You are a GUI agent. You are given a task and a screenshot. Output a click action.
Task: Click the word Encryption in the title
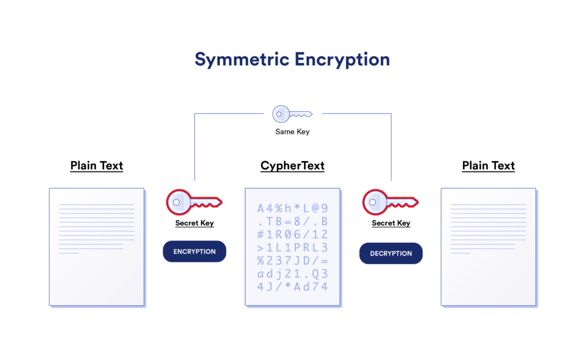(x=342, y=59)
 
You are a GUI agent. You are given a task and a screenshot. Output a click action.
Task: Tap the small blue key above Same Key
(x=292, y=114)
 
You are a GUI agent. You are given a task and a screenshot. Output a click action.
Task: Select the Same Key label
(x=292, y=132)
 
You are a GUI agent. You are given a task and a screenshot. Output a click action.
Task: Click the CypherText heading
(x=292, y=166)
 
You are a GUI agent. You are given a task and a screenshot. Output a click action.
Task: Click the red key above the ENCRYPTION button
(x=194, y=202)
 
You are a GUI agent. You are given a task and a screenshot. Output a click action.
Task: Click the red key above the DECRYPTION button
(x=390, y=202)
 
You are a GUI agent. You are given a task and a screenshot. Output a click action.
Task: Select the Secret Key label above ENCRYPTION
(x=194, y=223)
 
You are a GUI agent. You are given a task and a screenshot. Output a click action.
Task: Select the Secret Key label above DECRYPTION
(x=391, y=223)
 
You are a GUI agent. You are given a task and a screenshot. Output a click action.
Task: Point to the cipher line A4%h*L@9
(x=292, y=208)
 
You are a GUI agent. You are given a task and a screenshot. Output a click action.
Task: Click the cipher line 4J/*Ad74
(x=292, y=287)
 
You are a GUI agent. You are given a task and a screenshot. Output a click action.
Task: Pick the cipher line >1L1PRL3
(x=292, y=247)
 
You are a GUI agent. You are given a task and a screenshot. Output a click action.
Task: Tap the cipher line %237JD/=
(x=292, y=261)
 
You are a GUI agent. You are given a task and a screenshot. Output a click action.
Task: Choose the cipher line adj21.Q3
(x=292, y=274)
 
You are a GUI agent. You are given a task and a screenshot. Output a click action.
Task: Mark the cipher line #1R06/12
(x=292, y=234)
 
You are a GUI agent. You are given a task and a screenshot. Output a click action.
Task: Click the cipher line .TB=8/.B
(x=292, y=221)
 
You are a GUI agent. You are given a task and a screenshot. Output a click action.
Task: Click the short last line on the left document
(x=69, y=253)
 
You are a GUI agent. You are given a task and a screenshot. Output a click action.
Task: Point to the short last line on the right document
(x=460, y=253)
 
